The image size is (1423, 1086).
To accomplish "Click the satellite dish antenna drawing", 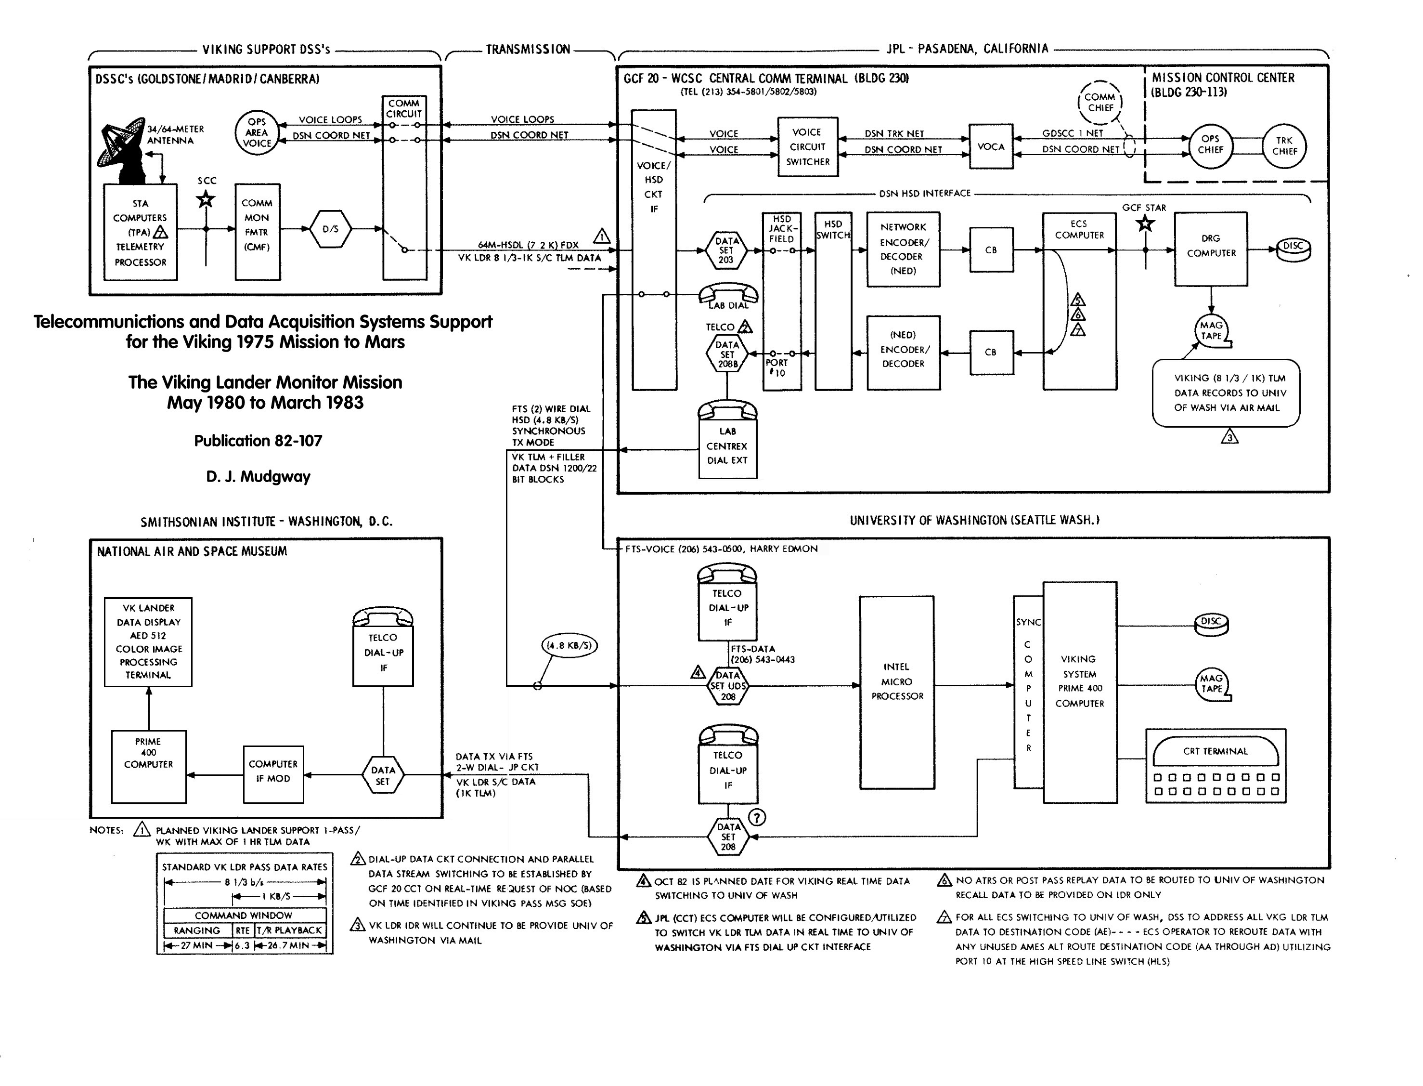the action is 124,150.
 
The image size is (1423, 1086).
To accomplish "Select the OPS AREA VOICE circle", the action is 257,132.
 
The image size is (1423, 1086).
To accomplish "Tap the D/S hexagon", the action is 330,229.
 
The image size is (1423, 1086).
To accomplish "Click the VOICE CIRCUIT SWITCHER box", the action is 808,147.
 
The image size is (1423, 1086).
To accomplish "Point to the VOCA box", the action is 991,147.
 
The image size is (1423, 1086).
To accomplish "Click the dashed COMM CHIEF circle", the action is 1100,102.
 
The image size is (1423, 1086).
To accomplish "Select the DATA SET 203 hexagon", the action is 726,250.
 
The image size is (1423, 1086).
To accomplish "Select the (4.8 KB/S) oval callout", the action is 568,645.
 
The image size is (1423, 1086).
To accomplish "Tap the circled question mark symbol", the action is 757,817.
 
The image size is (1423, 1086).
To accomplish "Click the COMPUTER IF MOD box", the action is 273,774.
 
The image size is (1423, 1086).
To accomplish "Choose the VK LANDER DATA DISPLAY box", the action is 148,642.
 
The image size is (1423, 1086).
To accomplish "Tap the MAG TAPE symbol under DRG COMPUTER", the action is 1212,330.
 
